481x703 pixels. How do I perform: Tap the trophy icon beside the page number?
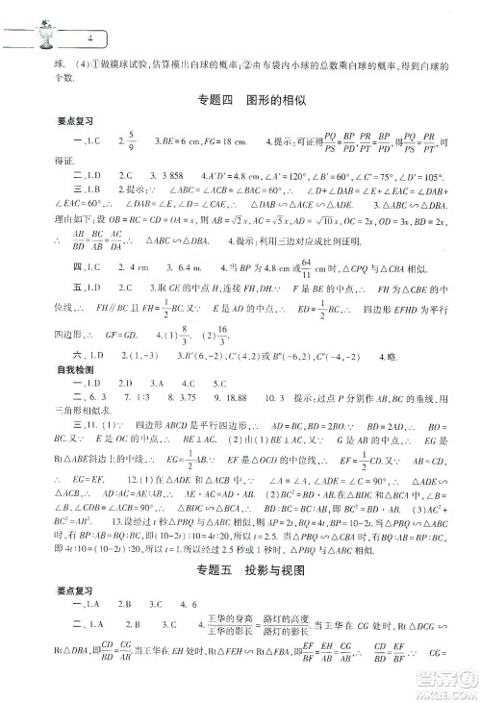pos(41,36)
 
